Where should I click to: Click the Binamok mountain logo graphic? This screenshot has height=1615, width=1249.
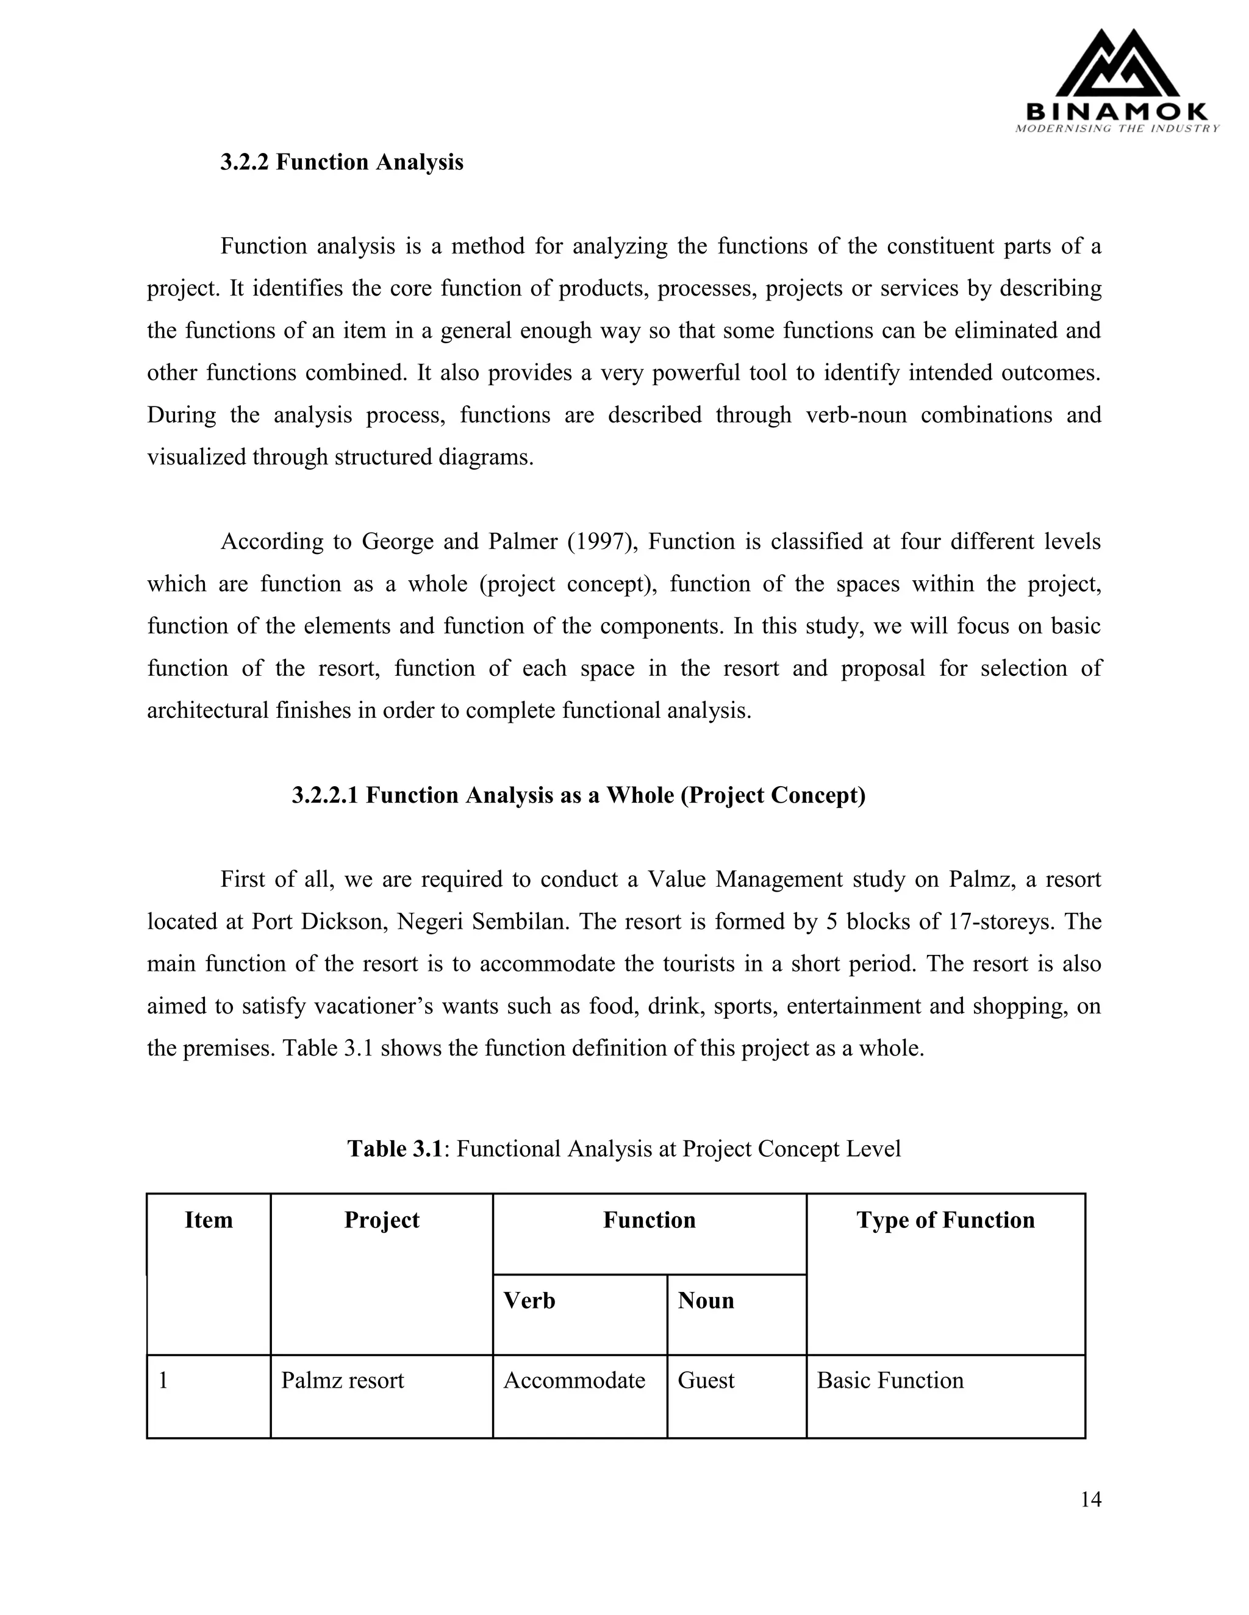(x=1117, y=65)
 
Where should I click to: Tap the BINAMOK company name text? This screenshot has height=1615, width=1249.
(x=1117, y=112)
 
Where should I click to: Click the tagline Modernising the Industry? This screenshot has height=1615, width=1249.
(x=1117, y=129)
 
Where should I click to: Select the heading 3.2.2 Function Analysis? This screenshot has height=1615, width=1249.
(x=342, y=162)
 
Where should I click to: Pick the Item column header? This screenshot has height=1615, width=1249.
(x=209, y=1219)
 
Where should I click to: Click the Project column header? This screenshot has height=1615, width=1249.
(x=382, y=1219)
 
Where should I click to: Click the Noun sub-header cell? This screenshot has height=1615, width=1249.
(x=706, y=1300)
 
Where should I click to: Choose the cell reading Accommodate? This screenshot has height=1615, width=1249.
(x=574, y=1380)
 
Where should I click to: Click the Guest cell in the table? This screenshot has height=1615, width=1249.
(x=706, y=1380)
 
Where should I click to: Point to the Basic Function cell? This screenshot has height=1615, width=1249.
(x=890, y=1380)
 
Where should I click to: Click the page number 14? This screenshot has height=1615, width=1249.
(x=1090, y=1499)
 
